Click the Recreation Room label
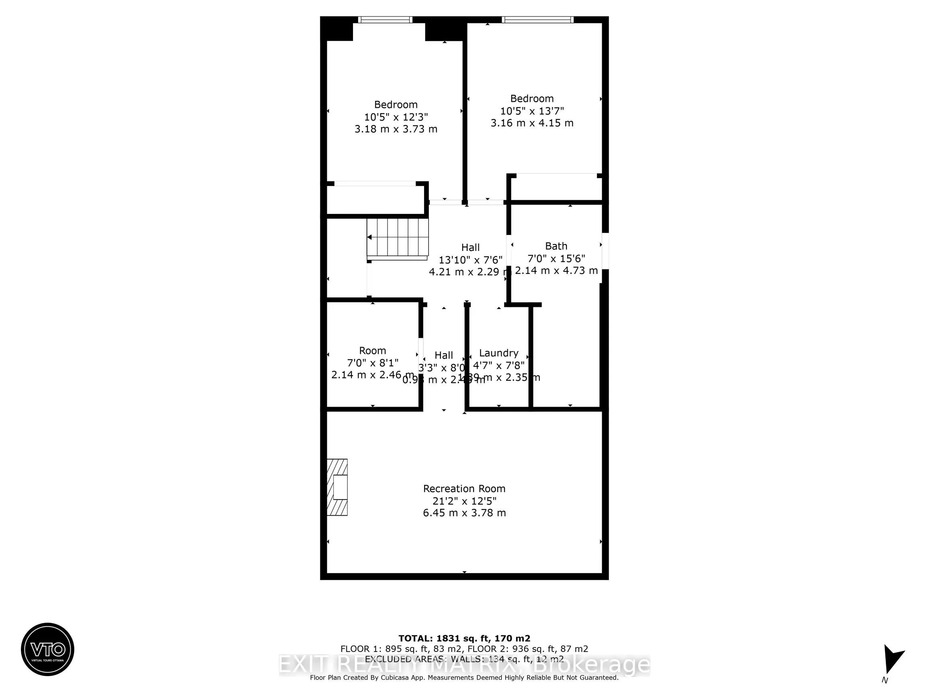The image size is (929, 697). coord(464,489)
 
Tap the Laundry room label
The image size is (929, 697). coord(498,353)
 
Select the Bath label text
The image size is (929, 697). coord(556,246)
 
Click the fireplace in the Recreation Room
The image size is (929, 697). coord(338,487)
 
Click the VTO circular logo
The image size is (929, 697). coord(47,649)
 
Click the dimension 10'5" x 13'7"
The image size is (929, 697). coord(532,111)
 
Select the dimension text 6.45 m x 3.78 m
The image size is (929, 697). coord(464,512)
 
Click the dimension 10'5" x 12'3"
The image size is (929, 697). coord(396,117)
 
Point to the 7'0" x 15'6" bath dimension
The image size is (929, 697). coord(556,258)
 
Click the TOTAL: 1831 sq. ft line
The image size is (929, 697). coord(464,639)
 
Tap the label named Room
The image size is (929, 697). coord(372,351)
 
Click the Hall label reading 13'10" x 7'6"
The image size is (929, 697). coord(470,260)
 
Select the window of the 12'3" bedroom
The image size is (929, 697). coord(385,20)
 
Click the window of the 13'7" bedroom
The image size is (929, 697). coord(537,20)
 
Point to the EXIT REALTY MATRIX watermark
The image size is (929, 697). coord(464,665)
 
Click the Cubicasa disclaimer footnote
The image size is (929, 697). coord(464,677)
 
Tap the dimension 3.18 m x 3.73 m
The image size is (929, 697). coord(396,129)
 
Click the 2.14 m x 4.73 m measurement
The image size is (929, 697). coord(556,271)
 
